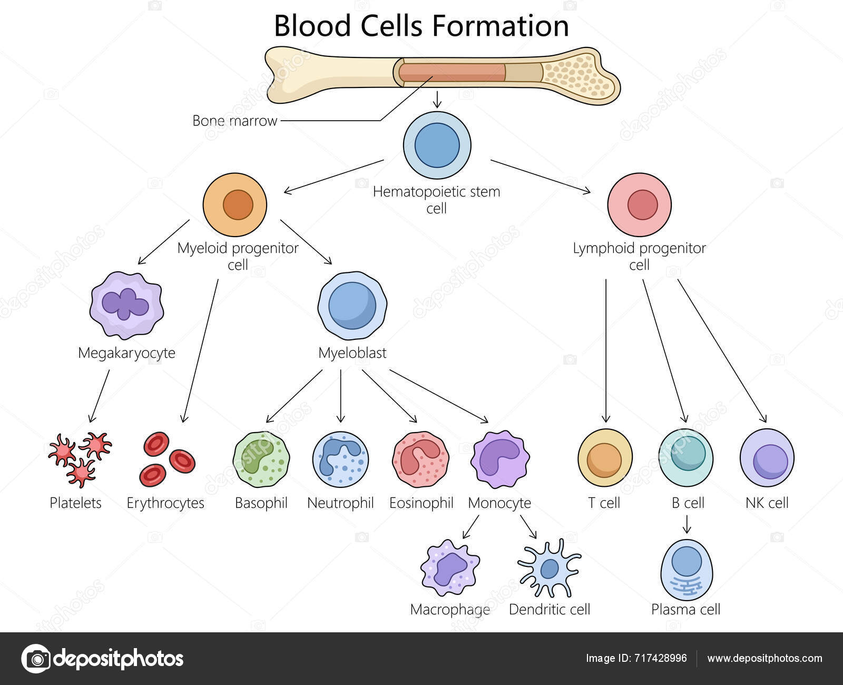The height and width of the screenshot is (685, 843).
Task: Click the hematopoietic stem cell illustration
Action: point(437,145)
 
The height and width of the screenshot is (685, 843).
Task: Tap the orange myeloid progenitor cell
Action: point(235,204)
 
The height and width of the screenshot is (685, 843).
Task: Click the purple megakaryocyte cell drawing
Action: point(126,305)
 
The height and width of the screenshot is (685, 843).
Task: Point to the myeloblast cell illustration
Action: point(352,306)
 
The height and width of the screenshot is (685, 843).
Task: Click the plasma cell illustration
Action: point(687,570)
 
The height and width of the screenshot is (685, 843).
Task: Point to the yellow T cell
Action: point(605,457)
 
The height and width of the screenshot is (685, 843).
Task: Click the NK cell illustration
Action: point(767,457)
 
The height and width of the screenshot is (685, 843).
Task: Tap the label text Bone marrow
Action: point(234,121)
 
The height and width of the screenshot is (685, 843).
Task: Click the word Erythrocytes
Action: point(165,503)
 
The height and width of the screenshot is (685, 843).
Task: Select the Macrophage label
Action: point(450,610)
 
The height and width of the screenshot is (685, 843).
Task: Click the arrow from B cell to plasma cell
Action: point(687,524)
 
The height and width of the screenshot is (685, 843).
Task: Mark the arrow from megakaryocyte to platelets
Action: point(100,395)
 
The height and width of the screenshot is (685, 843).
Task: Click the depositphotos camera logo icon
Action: point(35,659)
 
